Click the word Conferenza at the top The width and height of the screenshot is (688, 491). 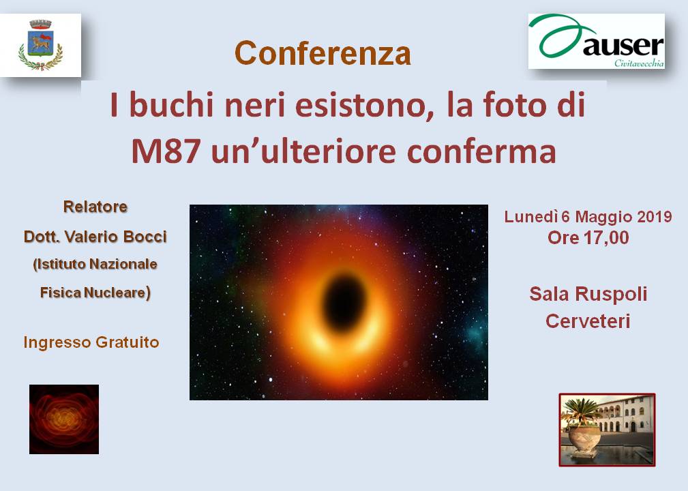coord(323,53)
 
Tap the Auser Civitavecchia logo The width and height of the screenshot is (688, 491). coord(597,41)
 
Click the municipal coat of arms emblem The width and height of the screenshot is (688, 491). coord(40,45)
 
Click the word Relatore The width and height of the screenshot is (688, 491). coord(95,207)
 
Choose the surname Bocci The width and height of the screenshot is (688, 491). coord(145,237)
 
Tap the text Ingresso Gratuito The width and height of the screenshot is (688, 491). coord(91,342)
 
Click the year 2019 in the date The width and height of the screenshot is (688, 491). coord(654,217)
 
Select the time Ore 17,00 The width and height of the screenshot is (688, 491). coord(588,238)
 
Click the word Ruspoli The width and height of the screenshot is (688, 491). coord(611,295)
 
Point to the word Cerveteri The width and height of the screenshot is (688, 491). coord(588,321)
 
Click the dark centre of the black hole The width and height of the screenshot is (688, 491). coord(344,302)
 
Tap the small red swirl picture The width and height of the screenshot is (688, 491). coord(64,419)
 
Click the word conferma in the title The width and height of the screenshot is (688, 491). coord(481,152)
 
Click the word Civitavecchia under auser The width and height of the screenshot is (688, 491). coord(639,63)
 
